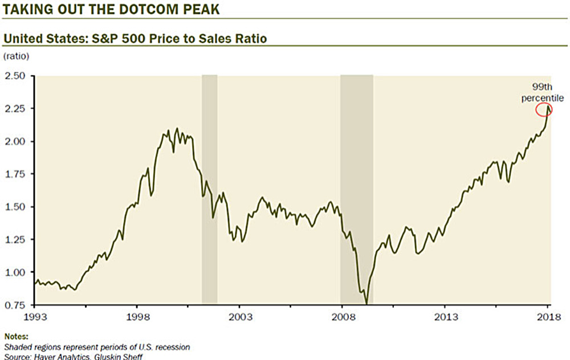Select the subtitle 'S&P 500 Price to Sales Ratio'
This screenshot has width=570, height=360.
(135, 38)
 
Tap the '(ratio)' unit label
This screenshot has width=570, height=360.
(16, 56)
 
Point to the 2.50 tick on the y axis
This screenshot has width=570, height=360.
(16, 76)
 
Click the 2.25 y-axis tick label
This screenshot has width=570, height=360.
(16, 108)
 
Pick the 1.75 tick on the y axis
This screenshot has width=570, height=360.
(16, 174)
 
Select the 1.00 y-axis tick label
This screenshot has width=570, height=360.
(16, 272)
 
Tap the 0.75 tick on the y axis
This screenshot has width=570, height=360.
(16, 305)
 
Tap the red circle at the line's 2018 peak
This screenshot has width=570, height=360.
(544, 109)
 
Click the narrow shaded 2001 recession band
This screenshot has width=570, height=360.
(209, 188)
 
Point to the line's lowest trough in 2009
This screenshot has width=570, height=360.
(366, 302)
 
